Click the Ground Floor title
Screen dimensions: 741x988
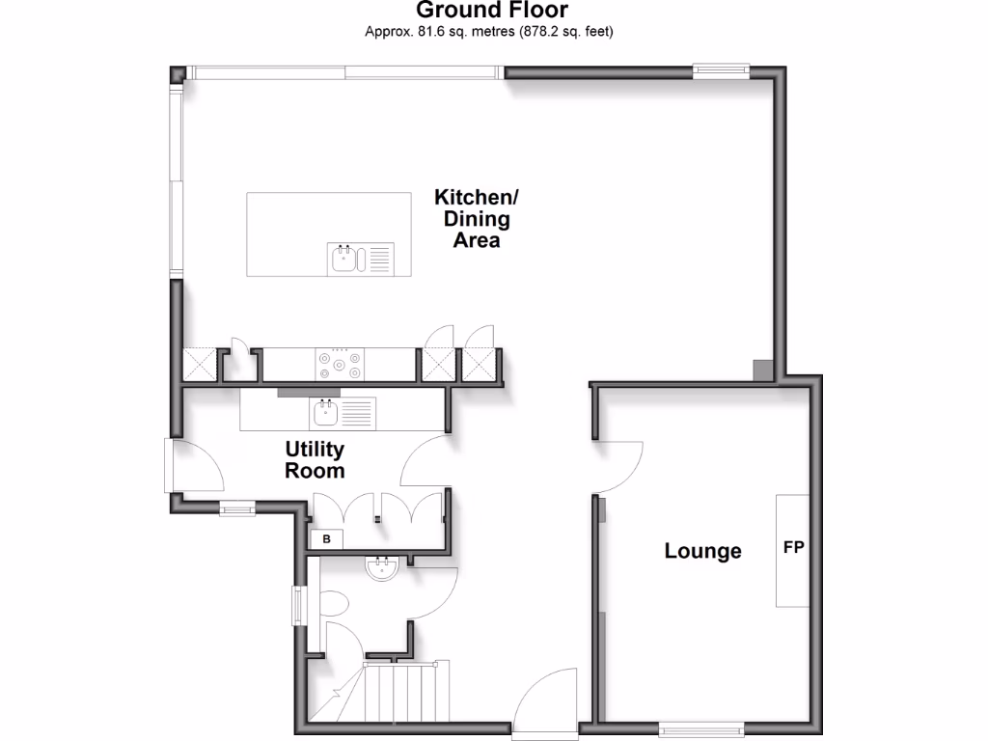(x=492, y=11)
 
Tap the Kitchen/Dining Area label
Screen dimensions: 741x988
(x=477, y=219)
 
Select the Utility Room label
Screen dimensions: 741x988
(x=315, y=460)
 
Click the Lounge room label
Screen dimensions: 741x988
(x=702, y=551)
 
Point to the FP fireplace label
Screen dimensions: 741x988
(x=793, y=548)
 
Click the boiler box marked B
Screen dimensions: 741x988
(x=326, y=539)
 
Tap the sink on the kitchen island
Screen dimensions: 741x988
(x=343, y=258)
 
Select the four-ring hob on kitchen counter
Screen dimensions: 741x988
(x=341, y=365)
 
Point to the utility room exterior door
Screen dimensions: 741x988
(x=193, y=468)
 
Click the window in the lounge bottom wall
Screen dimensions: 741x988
(x=701, y=730)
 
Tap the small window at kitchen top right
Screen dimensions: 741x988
(x=721, y=69)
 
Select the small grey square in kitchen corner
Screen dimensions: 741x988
(x=762, y=370)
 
